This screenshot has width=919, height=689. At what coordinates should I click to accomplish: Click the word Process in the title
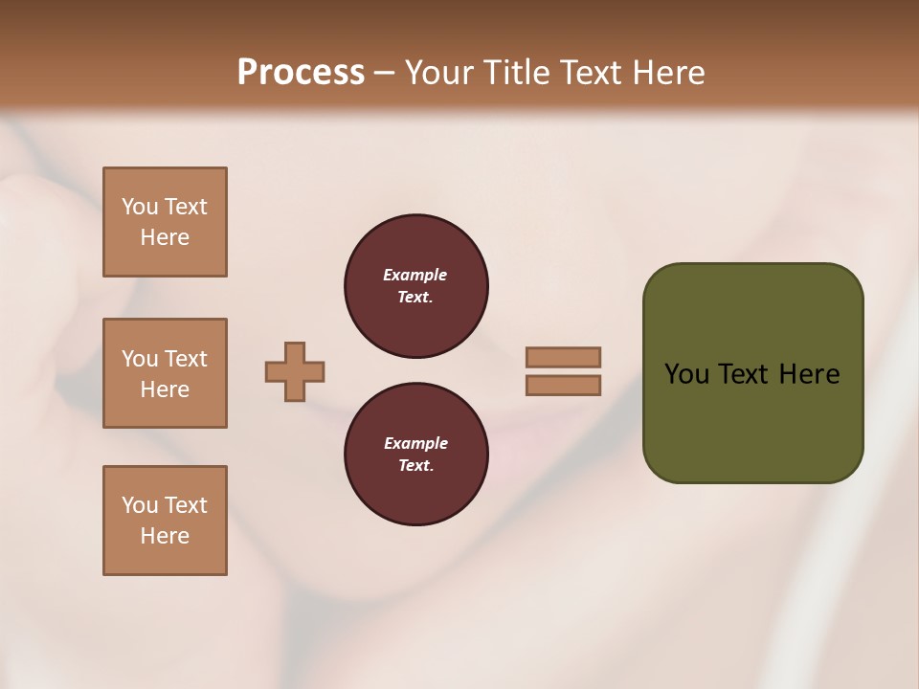point(301,73)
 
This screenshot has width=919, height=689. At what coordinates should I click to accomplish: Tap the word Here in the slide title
point(669,73)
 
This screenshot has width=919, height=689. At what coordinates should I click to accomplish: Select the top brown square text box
point(165,222)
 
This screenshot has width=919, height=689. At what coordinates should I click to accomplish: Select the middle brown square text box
point(165,373)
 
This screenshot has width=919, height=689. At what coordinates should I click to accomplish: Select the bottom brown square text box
point(165,521)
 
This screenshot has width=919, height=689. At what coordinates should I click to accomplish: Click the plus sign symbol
point(295,371)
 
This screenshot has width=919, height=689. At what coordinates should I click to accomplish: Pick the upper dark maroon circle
point(415,286)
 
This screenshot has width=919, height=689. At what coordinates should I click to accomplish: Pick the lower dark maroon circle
point(415,455)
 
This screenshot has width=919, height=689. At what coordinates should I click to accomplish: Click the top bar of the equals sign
point(563,357)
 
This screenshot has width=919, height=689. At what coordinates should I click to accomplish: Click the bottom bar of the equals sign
point(563,386)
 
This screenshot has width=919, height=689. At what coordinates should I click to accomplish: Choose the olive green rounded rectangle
point(752,421)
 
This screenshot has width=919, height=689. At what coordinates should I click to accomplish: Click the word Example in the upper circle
point(415,275)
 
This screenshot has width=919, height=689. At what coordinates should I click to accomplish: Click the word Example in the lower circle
point(415,443)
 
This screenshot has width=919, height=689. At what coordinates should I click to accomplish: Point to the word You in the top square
point(139,207)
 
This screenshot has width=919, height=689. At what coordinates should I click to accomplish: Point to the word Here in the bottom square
point(165,536)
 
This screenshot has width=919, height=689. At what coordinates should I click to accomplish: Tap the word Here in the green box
point(809,374)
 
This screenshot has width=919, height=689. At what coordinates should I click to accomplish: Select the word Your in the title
point(437,73)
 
